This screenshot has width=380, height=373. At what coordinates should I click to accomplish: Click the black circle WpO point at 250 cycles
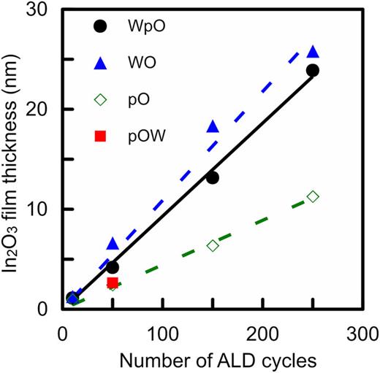313,70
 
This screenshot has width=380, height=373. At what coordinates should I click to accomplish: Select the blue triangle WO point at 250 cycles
313,52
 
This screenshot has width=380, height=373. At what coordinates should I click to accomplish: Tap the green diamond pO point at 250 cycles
313,196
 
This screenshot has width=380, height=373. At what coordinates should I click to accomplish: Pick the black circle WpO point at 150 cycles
213,177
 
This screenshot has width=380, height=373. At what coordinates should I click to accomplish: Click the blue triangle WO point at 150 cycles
213,127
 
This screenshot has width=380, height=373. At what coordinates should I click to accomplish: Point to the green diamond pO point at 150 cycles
213,245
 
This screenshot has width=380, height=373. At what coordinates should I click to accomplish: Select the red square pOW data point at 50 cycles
113,282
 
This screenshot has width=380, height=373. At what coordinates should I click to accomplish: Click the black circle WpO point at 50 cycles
113,267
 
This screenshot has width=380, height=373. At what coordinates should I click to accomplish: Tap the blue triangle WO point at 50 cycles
113,243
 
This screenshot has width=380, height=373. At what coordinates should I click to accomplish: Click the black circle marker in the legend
100,26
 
